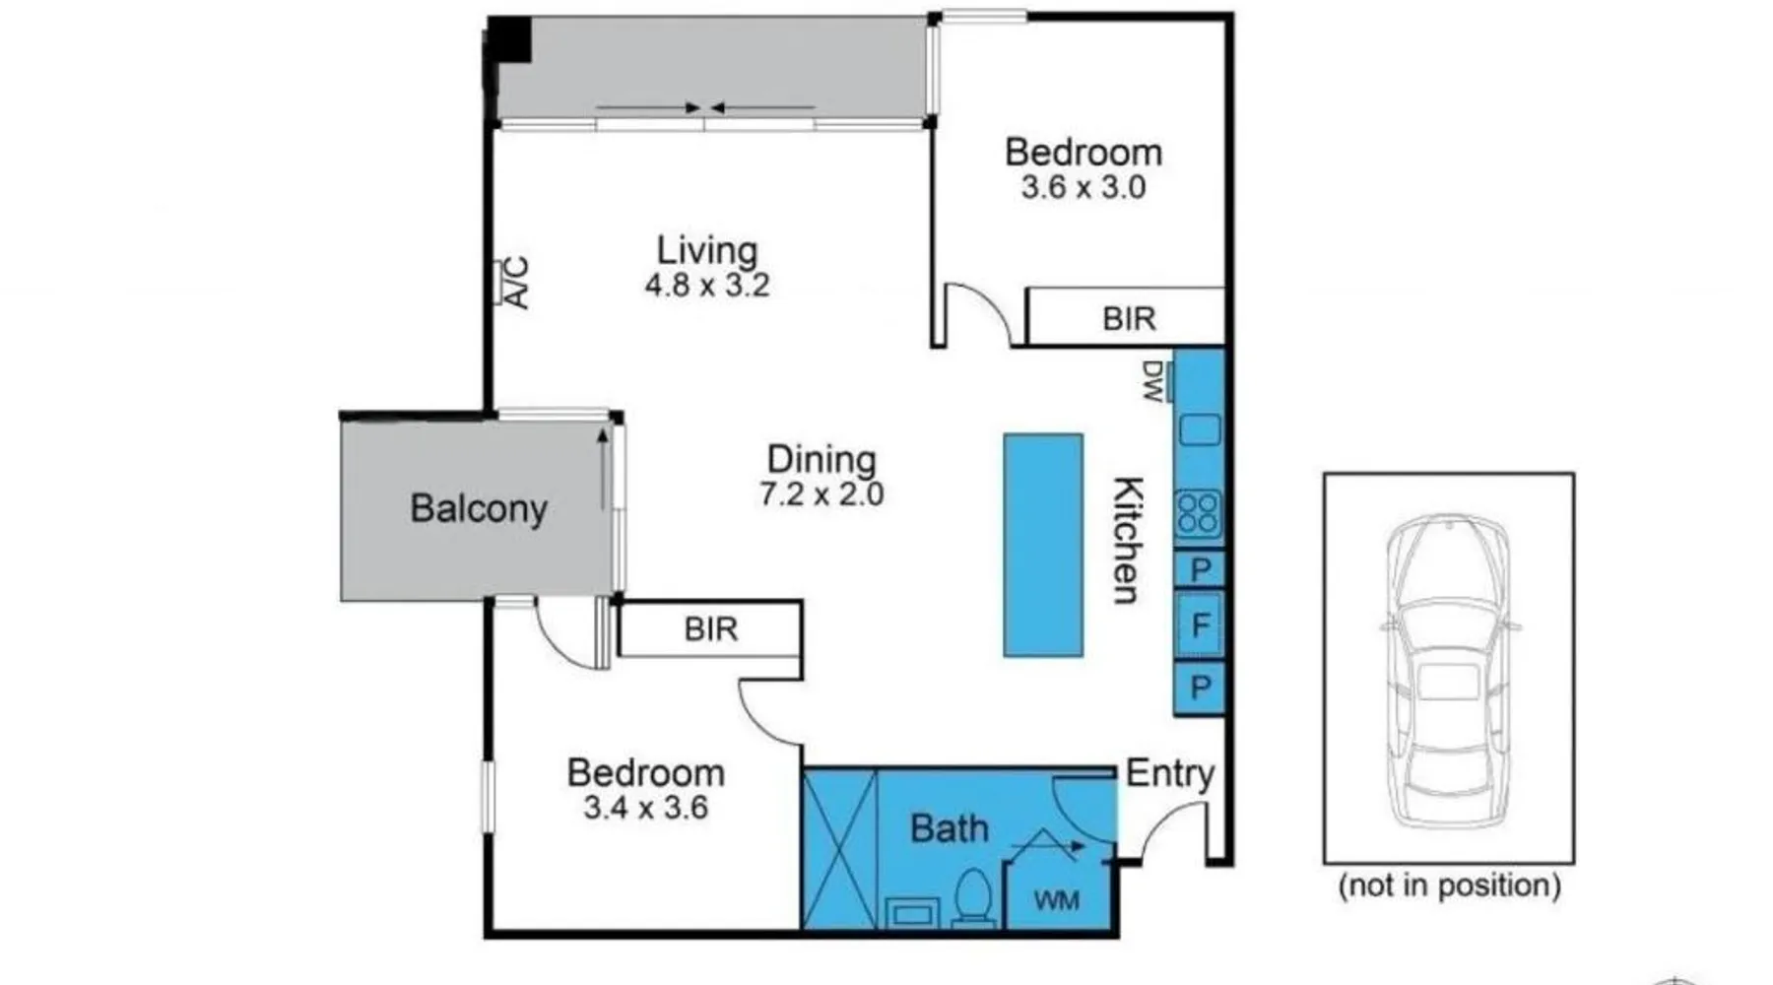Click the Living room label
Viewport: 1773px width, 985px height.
click(x=707, y=250)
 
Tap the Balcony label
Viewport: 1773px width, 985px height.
click(x=479, y=508)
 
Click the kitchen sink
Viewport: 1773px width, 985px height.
click(x=1200, y=430)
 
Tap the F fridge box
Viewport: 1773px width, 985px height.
click(x=1200, y=624)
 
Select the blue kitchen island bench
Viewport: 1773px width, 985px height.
click(x=1043, y=545)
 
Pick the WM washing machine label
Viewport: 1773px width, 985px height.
click(x=1056, y=900)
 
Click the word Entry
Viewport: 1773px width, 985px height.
click(x=1170, y=774)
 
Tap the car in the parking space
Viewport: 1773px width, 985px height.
click(x=1448, y=670)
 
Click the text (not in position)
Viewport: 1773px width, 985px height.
click(x=1449, y=886)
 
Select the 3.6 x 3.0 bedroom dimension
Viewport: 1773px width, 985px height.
click(x=1083, y=187)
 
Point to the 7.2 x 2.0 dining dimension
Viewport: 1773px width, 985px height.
click(x=821, y=493)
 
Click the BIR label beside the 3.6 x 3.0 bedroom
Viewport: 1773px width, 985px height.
click(x=1129, y=319)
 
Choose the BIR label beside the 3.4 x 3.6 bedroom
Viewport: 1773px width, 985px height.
click(x=711, y=629)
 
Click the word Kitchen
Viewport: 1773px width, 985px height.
click(x=1129, y=540)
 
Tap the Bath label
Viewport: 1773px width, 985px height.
click(x=949, y=828)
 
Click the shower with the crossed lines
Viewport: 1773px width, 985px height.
click(x=840, y=850)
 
